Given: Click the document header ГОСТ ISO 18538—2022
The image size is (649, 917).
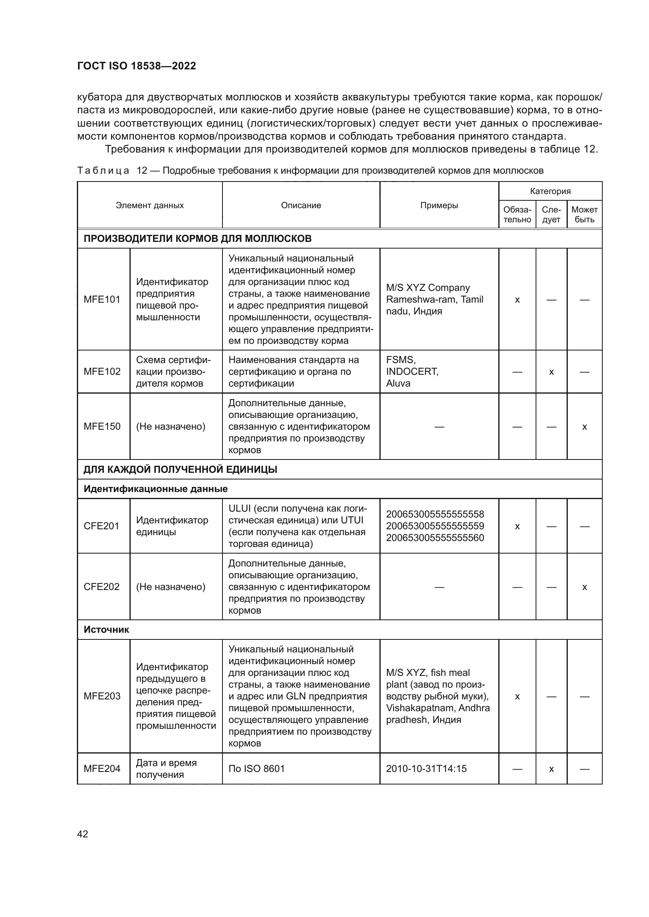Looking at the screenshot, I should tap(136, 66).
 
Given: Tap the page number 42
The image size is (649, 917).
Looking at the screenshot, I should tap(83, 834).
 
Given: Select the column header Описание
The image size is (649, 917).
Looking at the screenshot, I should tap(301, 205).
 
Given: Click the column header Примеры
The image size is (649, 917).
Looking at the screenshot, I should tap(439, 205).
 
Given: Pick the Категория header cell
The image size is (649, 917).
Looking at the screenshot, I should tap(550, 191).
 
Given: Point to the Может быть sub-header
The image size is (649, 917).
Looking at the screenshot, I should tap(584, 214).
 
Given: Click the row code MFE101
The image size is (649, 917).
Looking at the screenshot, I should tap(102, 300).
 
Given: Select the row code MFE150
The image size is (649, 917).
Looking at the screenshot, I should tap(102, 427).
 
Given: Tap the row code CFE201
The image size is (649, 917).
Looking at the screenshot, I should tap(102, 526).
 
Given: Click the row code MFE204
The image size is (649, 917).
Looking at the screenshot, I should tap(102, 768).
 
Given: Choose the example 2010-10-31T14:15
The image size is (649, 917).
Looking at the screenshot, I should tap(426, 768).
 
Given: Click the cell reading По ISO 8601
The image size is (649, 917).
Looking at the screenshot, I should tap(257, 768).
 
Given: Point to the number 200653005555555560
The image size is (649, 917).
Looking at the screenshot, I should tap(435, 537).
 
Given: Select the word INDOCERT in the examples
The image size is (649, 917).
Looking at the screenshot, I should tap(412, 371).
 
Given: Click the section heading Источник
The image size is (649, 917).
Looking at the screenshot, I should tap(106, 630).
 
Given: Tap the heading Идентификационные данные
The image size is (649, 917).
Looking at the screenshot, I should tap(155, 489).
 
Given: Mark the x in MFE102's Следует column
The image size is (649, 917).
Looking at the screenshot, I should tap(551, 372).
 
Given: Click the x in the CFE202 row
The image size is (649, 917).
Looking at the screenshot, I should tap(584, 587).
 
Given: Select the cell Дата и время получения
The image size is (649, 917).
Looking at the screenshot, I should tap(166, 768).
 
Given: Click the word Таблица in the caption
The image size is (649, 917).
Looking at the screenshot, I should tap(103, 171).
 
